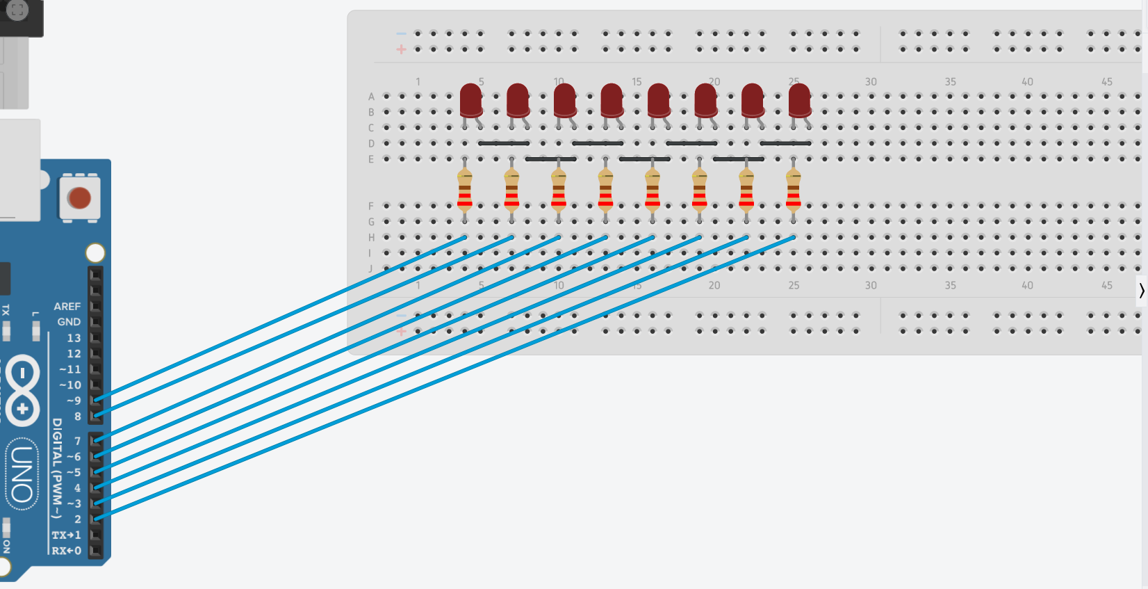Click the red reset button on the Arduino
(79, 198)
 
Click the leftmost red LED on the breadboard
(471, 100)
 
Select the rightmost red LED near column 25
(800, 100)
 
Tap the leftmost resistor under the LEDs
(465, 190)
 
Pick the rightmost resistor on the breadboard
(794, 190)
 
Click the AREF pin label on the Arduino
(67, 306)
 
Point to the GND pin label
(69, 322)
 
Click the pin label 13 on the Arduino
(74, 338)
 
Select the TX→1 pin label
(67, 535)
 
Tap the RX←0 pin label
(67, 551)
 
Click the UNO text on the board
(22, 474)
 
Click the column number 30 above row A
(871, 82)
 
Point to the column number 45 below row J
(1107, 285)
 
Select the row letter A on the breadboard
(371, 97)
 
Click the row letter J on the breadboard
(371, 269)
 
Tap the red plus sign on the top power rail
(401, 49)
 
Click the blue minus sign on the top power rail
(401, 33)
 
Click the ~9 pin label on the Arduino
(74, 401)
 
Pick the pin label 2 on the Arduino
(78, 519)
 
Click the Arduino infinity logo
(22, 390)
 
